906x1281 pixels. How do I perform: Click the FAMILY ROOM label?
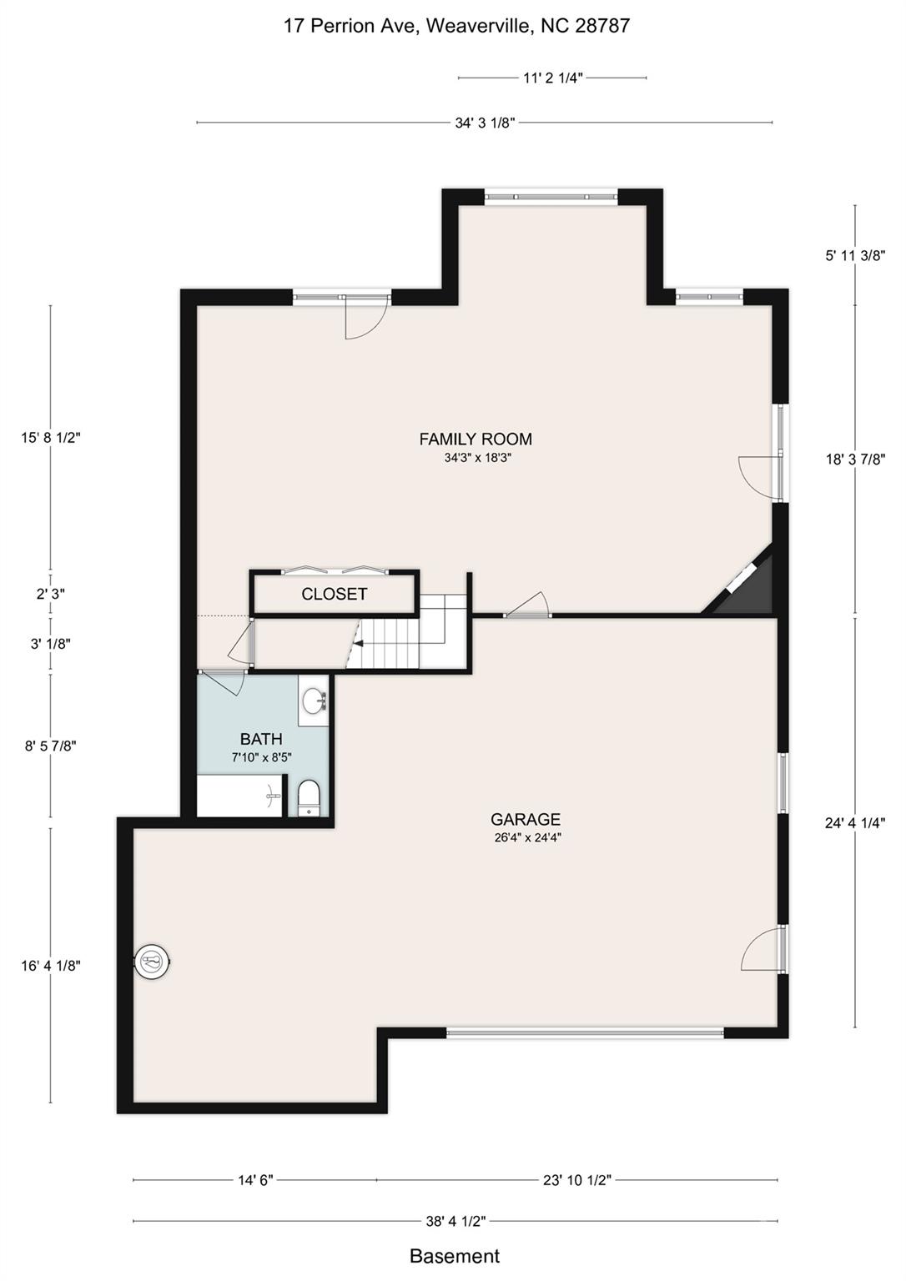pos(476,439)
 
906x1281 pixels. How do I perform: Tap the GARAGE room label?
pos(525,819)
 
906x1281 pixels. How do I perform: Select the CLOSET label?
pos(334,594)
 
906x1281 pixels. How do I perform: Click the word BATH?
pos(261,739)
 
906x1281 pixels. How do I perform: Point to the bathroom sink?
pos(313,700)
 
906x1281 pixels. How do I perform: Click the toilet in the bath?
pos(310,798)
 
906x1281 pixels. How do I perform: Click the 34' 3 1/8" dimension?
pos(485,123)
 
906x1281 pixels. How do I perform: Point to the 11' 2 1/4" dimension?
pos(552,78)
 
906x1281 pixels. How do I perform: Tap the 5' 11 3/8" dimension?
pos(855,256)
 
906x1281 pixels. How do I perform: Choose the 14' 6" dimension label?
pos(255,1179)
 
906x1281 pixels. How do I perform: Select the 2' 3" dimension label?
pos(50,594)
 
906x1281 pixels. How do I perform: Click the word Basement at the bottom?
pos(455,1255)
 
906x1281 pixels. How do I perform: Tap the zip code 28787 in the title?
pos(601,26)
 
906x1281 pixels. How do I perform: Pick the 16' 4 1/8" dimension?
pos(50,965)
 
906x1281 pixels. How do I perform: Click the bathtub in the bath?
pos(240,796)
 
